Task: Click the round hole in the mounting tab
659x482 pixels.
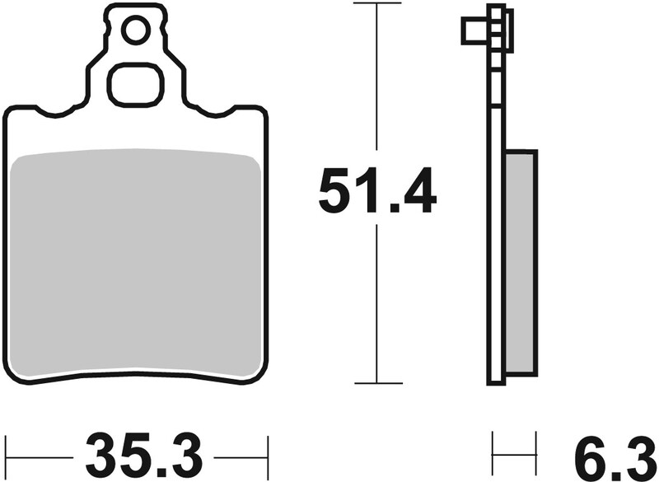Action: pos(135,31)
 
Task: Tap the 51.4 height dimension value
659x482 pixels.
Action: pos(377,191)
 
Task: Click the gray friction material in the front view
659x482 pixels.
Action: pos(135,264)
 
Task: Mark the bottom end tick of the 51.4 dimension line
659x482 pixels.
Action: pos(377,383)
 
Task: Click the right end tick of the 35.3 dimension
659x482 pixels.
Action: pos(267,453)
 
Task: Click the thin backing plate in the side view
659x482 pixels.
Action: pos(495,247)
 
